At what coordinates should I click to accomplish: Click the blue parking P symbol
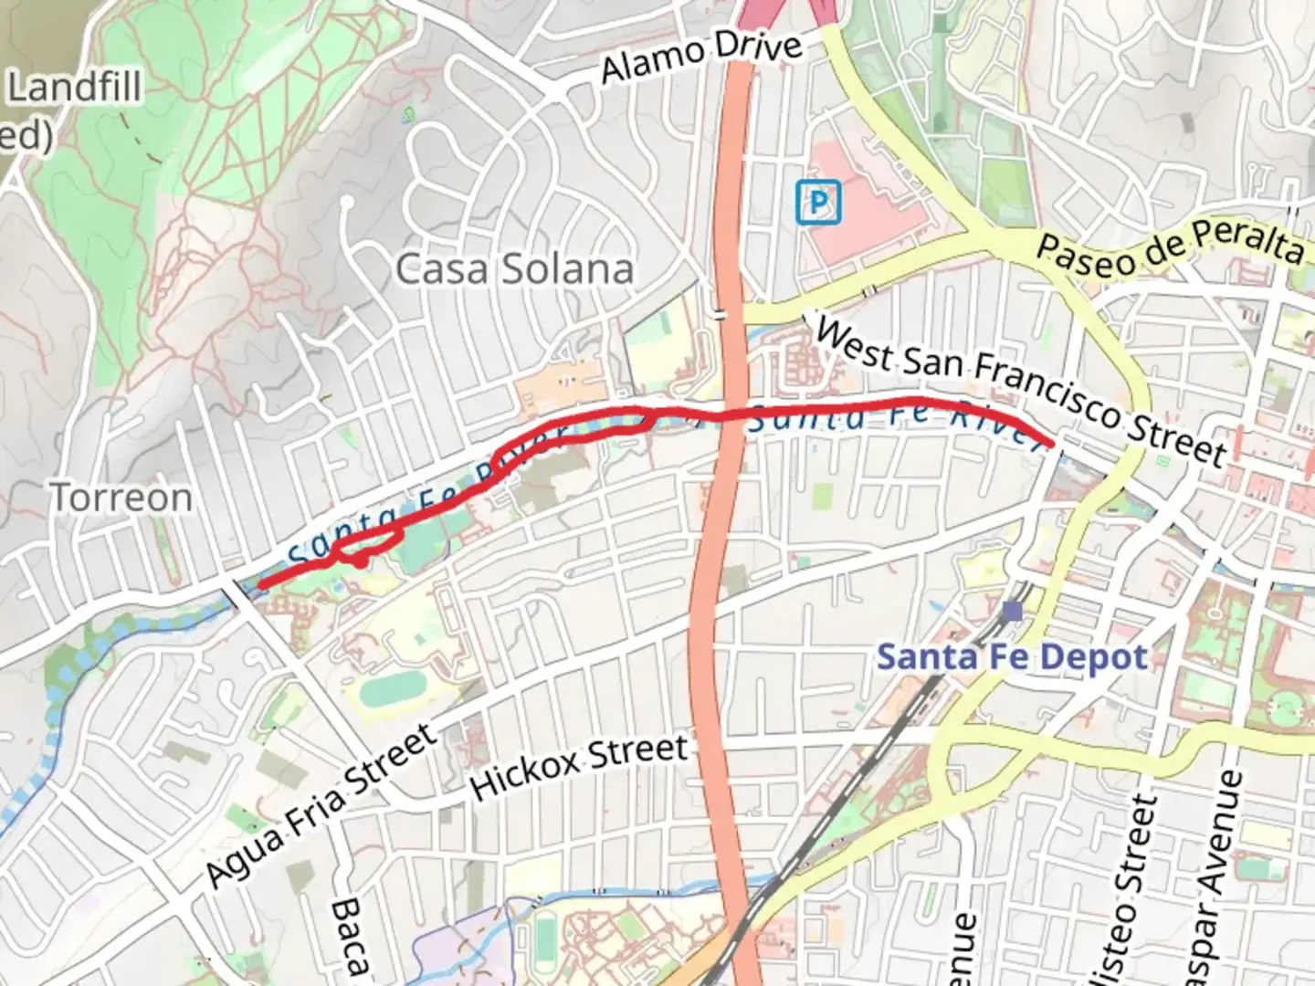coord(817,202)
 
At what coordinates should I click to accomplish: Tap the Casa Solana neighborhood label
coord(514,269)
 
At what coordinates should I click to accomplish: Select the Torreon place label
coord(121,498)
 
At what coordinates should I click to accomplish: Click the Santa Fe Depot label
coord(1012,657)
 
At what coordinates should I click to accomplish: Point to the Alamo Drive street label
coord(701,57)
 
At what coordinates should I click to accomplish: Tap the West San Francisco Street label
coord(1019,390)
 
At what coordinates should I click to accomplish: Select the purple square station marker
coord(1011,610)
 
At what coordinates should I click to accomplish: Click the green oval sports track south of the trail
coord(395,691)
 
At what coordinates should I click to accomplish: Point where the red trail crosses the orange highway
coord(729,413)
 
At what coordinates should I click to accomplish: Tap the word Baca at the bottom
coord(347,936)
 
